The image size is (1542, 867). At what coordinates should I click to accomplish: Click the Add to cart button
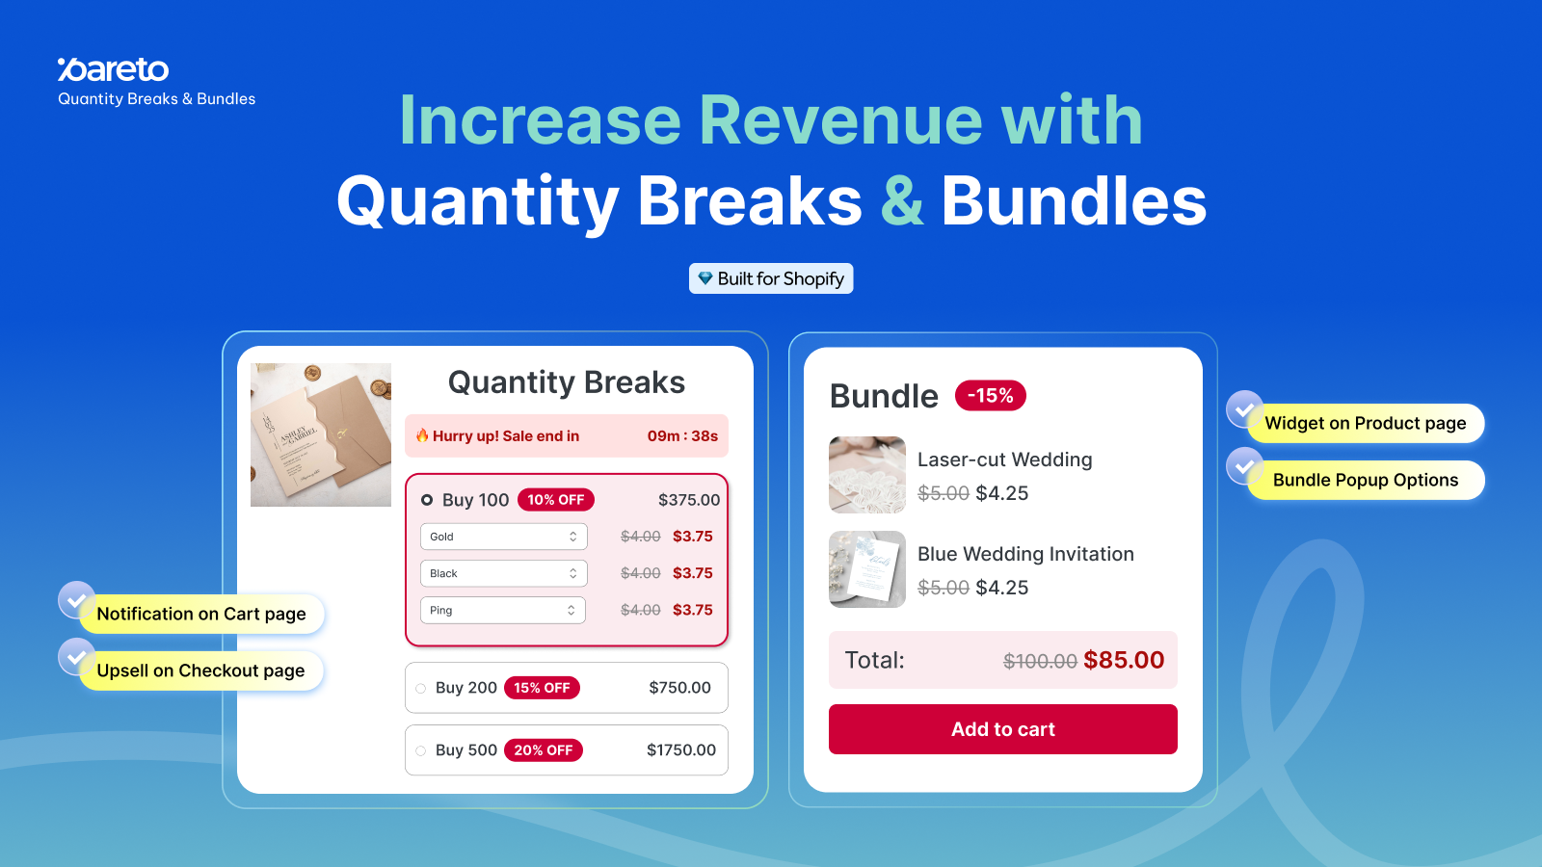(x=1002, y=728)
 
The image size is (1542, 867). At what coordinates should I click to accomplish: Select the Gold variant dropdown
(x=503, y=537)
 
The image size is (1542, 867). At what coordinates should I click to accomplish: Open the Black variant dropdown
(x=503, y=573)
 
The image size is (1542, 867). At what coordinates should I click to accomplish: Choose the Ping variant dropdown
(x=502, y=611)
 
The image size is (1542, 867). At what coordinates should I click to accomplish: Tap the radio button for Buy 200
(x=420, y=688)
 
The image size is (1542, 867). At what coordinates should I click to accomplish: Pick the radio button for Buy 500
(x=420, y=750)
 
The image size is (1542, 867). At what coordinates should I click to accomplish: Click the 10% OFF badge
(x=555, y=500)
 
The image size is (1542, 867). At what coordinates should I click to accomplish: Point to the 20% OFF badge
(x=544, y=750)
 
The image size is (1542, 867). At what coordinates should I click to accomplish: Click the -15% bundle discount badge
(x=990, y=396)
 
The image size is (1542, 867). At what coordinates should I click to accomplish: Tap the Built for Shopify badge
(x=771, y=278)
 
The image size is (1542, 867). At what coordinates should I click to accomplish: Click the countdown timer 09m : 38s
(x=682, y=436)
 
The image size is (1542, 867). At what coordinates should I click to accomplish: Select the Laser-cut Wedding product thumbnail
(x=867, y=475)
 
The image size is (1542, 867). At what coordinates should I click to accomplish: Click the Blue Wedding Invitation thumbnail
(x=867, y=569)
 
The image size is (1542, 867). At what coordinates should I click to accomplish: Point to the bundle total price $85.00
(x=1124, y=660)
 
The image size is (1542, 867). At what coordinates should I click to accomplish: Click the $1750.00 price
(x=680, y=750)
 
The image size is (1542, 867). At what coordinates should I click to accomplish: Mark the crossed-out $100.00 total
(x=1040, y=661)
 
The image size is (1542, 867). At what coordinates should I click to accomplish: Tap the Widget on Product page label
(x=1365, y=423)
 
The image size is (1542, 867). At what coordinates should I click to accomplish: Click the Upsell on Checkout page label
(x=201, y=670)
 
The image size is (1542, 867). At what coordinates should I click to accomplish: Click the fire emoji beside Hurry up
(x=422, y=434)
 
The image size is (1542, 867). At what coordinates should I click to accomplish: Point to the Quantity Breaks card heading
(x=567, y=381)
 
